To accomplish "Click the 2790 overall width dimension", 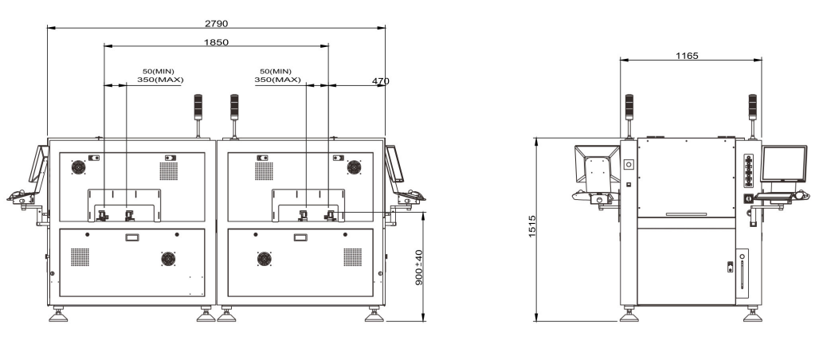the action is tap(216, 23).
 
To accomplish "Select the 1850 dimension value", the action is tap(216, 42).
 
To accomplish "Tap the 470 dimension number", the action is tap(381, 81).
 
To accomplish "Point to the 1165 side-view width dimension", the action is tap(687, 56).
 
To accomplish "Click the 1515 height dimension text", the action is tap(533, 226).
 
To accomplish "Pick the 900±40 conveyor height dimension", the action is tap(418, 268).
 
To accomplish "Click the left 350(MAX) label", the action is tap(160, 80).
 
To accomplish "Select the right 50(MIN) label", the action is tap(276, 71).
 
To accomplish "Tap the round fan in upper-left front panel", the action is tap(78, 167).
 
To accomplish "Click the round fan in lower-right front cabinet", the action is tap(265, 258).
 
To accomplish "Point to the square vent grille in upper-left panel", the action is tap(169, 171).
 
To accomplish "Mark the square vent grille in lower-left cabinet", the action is tap(80, 256).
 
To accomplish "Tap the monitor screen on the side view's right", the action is tap(784, 164).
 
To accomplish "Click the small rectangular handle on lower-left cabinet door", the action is tap(131, 237).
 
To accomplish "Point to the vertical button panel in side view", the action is tap(748, 171).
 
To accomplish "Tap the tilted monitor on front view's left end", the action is tap(39, 165).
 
